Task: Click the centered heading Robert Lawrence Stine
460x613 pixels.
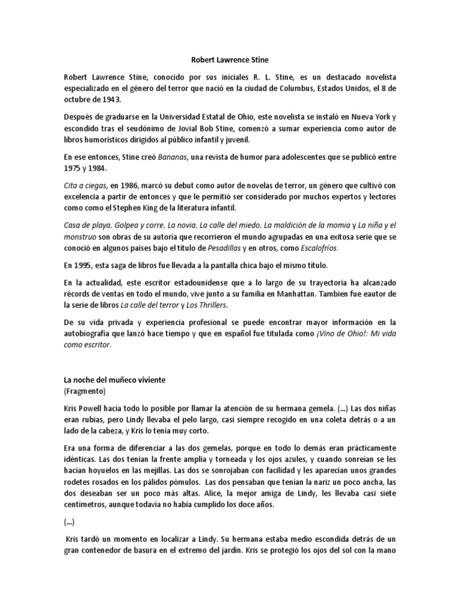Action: tap(229, 60)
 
